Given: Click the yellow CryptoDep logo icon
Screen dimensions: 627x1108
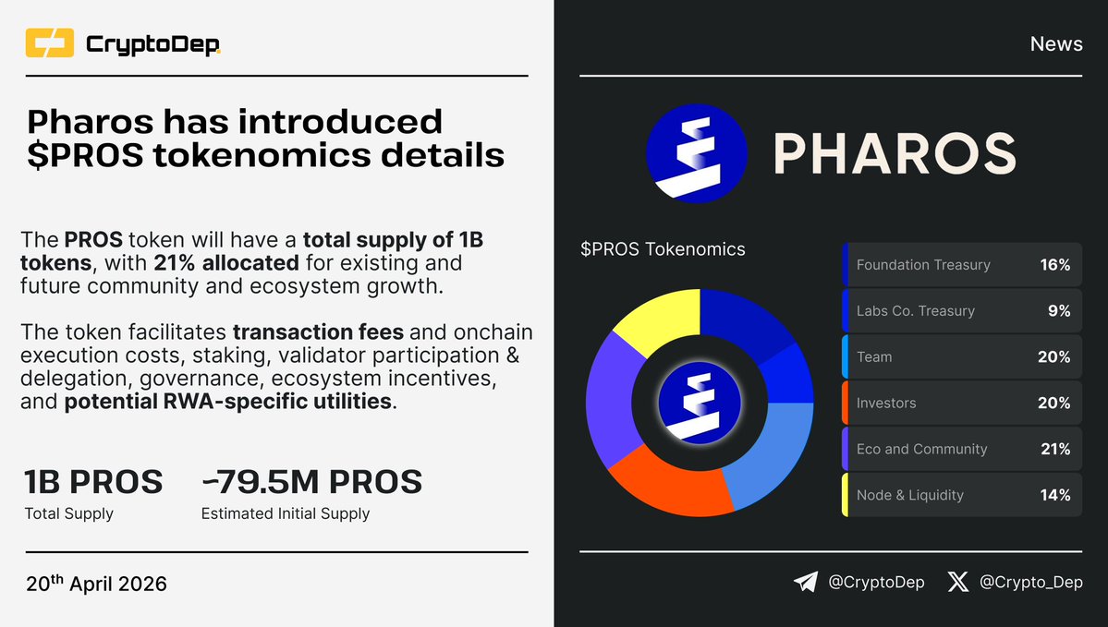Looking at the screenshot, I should pos(50,43).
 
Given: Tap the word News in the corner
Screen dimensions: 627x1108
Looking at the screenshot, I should pos(1056,44).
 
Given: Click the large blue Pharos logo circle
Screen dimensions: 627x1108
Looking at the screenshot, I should pos(696,154).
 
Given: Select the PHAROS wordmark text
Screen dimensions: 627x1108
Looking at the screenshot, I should pos(894,154).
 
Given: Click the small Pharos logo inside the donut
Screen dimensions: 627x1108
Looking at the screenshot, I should pos(700,403).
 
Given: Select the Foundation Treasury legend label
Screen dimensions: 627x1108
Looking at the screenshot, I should pos(922,265).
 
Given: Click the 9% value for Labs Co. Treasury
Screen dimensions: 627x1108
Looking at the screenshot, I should pos(1058,311).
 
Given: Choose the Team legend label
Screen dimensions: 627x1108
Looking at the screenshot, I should pos(874,357).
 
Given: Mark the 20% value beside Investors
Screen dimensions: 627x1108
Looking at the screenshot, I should pos(1053,404).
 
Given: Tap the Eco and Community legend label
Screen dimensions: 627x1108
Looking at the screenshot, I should pos(921,450).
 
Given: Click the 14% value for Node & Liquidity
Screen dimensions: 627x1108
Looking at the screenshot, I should pos(1054,496).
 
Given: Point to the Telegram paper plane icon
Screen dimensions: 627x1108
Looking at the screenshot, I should pos(806,582).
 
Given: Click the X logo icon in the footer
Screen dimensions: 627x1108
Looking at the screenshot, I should pos(958,582).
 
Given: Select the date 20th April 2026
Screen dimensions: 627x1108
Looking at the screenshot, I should pos(96,584).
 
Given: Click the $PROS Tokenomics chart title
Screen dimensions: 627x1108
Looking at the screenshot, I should pos(663,249).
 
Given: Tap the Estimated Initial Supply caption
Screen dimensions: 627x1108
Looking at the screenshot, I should pos(285,513).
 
